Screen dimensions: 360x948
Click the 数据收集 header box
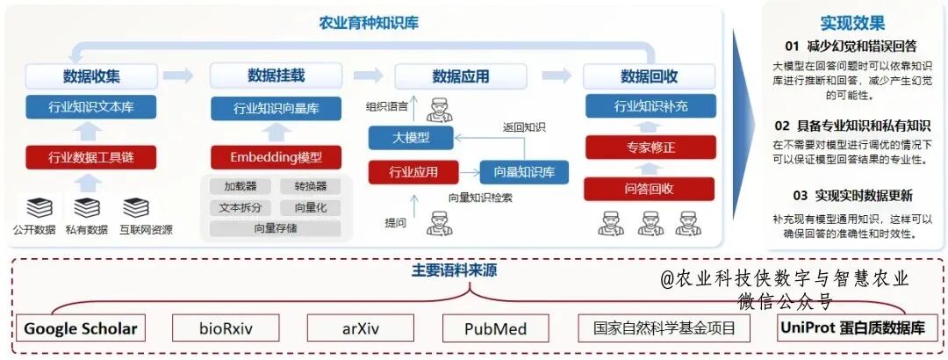91,76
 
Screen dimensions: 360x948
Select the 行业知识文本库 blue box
91,107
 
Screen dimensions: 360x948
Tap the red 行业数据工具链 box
91,157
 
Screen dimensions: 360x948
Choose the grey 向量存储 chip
275,228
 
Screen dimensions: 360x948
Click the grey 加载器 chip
240,186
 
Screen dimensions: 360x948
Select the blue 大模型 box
411,137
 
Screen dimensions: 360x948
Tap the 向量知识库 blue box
524,172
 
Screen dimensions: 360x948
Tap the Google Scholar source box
81,329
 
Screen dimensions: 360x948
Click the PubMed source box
496,329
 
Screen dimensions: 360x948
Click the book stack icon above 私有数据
87,208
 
